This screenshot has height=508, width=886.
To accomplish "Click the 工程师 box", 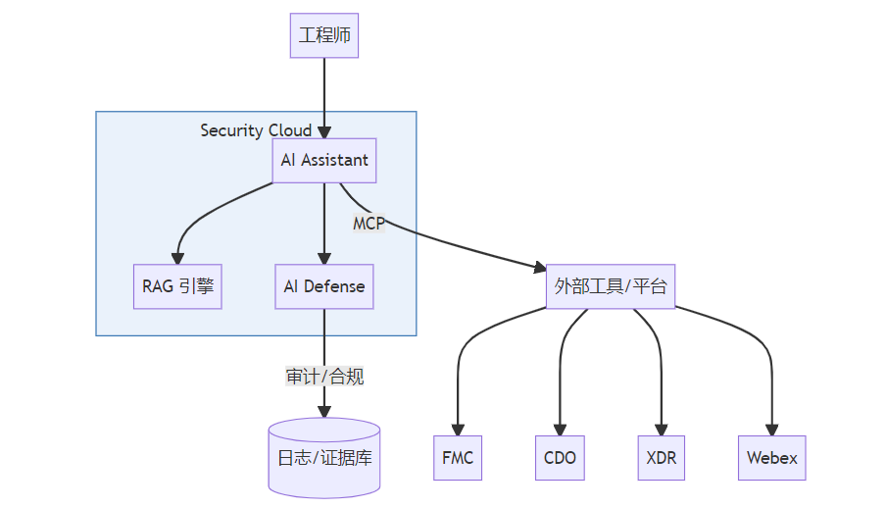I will pos(324,36).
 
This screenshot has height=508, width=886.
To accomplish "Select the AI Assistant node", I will pos(324,160).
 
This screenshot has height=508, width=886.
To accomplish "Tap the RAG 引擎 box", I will pos(177,286).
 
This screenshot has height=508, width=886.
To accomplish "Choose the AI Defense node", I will pos(324,286).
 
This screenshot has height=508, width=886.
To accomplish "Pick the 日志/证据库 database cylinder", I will pos(324,457).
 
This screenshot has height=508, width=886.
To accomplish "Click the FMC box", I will pos(458,458).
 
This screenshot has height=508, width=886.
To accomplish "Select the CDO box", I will pos(560,458).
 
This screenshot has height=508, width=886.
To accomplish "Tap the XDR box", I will pos(662,458).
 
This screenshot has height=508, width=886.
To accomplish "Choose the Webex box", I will pos(771,458).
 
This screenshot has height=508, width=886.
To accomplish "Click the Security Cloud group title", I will pos(256,130).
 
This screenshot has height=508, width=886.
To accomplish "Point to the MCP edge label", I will pos(369,223).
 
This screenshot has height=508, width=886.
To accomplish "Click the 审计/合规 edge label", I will pos(324,376).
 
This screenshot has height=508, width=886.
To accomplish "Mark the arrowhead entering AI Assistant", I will pos(324,131).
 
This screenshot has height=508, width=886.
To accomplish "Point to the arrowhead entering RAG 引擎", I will pos(178,258).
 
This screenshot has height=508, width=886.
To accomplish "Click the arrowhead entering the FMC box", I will pos(458,430).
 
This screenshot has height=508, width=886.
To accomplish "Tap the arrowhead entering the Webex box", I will pos(771,430).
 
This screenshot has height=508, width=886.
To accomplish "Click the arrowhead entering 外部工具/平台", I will pos(540,267).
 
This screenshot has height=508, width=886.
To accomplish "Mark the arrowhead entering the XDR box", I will pos(662,430).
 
